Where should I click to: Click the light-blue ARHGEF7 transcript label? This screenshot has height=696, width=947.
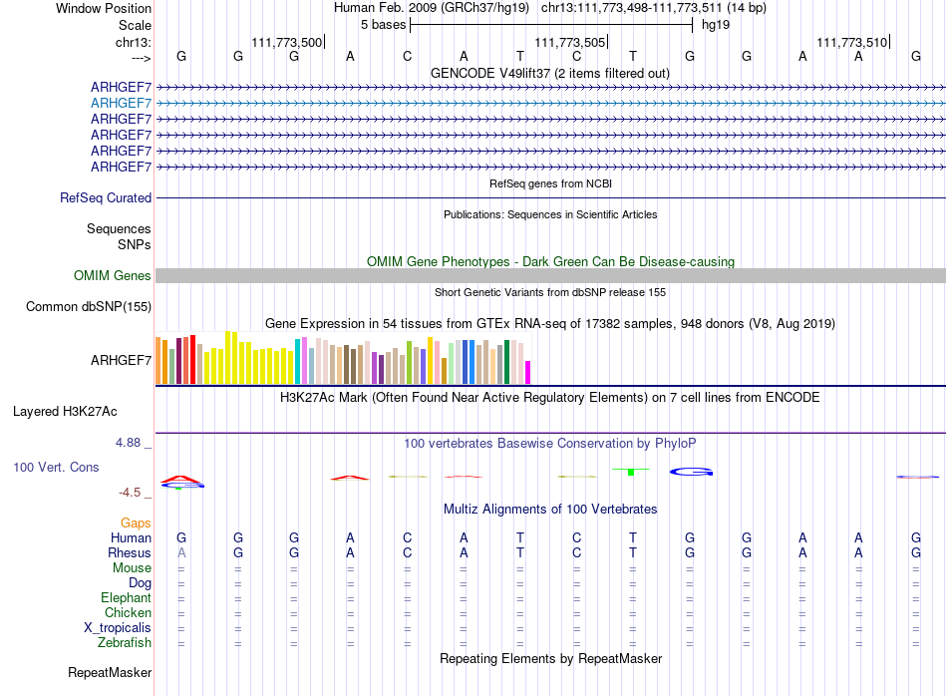121,104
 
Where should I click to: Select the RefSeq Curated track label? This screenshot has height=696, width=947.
106,197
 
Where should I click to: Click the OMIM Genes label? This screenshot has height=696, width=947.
112,275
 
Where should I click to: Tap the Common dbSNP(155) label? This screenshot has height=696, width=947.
88,306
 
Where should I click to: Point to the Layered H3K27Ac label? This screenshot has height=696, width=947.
65,412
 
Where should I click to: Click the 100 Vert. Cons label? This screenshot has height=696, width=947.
56,467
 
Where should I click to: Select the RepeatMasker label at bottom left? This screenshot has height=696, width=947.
110,672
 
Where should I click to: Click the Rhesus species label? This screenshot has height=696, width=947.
130,552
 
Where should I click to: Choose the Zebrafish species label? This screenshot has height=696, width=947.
125,642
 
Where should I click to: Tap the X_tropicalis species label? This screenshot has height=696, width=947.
118,628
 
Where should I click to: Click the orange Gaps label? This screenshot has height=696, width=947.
136,522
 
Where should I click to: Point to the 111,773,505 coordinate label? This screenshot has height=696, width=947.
569,42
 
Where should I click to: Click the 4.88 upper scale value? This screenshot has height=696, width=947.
128,443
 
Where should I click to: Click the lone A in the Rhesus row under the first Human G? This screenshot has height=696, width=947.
181,552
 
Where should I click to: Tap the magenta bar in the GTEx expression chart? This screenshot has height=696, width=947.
528,372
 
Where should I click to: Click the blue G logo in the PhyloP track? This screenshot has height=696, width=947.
691,472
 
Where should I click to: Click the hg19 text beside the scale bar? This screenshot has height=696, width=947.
716,25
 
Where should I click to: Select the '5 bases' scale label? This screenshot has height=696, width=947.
384,25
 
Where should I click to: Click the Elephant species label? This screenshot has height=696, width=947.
126,597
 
